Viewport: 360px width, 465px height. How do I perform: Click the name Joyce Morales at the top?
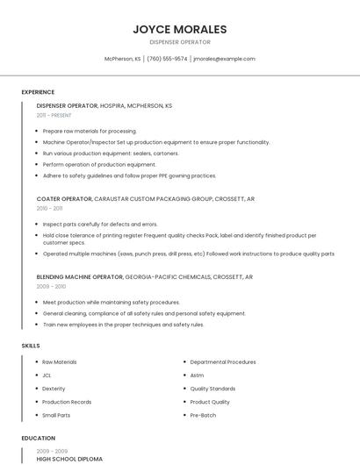[179, 29]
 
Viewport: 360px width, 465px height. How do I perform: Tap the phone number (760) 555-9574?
[167, 59]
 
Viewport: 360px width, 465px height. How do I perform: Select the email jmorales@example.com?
[224, 59]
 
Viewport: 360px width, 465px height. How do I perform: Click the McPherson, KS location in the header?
[122, 59]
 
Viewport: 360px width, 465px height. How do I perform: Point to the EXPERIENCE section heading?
[38, 92]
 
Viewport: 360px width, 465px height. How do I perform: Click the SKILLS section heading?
[31, 346]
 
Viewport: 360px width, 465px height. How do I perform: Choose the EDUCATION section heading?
[39, 438]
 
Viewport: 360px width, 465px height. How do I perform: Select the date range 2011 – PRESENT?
[54, 115]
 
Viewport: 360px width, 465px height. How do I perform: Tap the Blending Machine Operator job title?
[80, 276]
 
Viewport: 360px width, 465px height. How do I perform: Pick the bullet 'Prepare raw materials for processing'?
[90, 131]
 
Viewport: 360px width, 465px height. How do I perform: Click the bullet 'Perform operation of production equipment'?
[99, 164]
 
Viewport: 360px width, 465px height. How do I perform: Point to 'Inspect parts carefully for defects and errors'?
[100, 224]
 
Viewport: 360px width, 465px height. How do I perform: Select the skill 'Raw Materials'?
[60, 361]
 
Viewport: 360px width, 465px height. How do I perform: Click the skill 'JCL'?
[47, 375]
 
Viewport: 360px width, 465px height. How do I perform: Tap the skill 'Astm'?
[197, 375]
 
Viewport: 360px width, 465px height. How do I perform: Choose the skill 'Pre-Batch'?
[203, 415]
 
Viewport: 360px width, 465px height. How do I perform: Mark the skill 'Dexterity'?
[54, 388]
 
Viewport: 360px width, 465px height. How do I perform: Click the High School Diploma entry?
[69, 459]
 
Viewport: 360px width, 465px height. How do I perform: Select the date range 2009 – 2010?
[51, 286]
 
